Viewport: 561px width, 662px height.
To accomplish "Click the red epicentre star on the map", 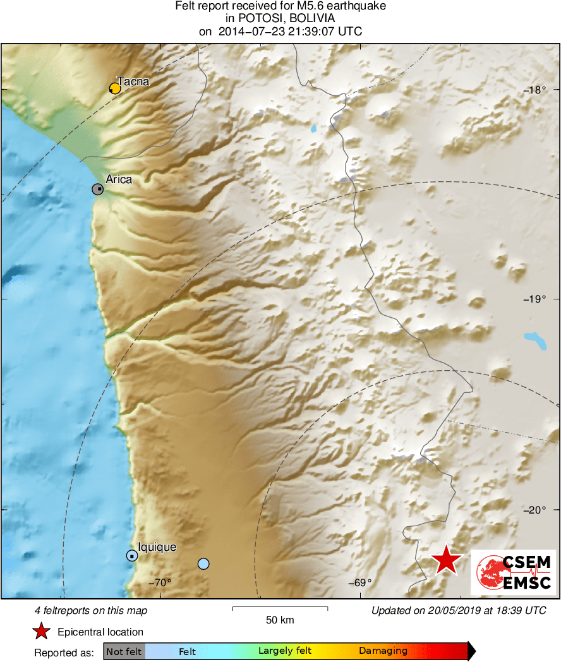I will point(447,560).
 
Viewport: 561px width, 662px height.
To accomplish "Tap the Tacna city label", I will point(133,81).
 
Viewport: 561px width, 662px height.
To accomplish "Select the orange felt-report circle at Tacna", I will point(114,88).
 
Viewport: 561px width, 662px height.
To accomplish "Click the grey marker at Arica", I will point(98,189).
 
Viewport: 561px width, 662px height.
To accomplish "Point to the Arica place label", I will point(119,179).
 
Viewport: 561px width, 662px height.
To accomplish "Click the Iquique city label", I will point(157,548).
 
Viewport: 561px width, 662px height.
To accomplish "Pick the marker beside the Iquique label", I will point(131,556).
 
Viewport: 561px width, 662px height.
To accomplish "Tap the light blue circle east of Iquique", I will point(203,563).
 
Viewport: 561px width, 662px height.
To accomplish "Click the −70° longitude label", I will point(160,582).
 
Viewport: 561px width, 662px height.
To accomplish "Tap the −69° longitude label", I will point(360,582).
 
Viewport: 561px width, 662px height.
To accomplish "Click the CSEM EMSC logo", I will point(514,572).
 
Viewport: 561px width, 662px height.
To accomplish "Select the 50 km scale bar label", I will point(280,620).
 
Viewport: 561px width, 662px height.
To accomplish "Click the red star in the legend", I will point(42,632).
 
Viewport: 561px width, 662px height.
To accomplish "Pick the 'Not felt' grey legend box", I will point(124,651).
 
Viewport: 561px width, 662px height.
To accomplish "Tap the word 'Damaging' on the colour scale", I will point(383,651).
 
